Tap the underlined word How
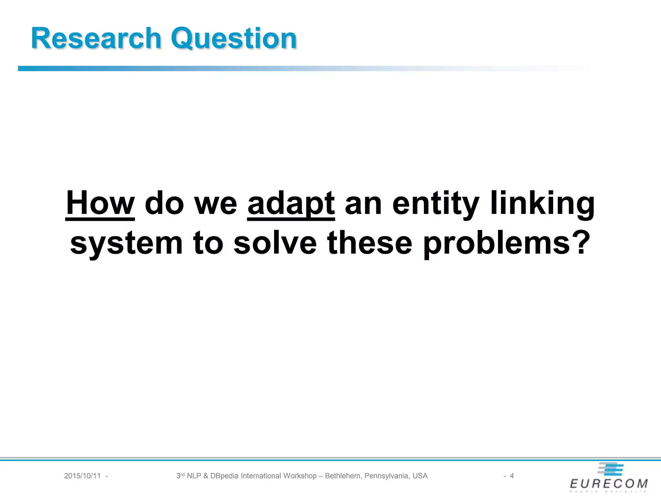point(100,203)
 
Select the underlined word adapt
point(291,204)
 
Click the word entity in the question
point(436,204)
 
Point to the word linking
point(542,204)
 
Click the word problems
point(497,244)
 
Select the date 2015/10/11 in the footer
point(82,476)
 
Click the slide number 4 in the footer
point(512,476)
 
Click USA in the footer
point(420,476)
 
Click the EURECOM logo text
point(609,484)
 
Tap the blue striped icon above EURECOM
point(611,469)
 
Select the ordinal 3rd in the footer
point(180,475)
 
